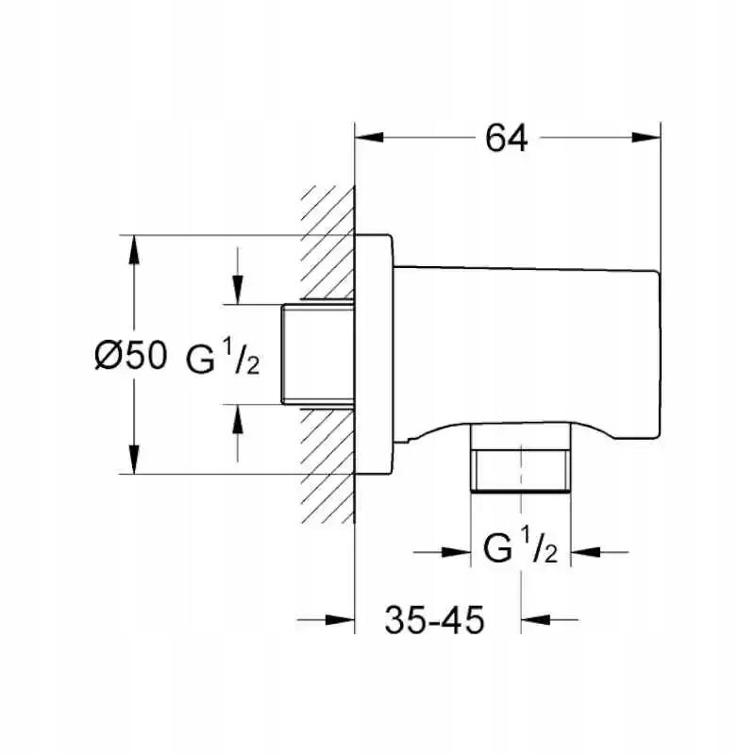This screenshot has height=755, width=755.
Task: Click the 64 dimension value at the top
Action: [506, 139]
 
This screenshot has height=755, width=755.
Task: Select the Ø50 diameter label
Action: [130, 356]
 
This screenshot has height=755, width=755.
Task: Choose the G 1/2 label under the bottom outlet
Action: [521, 548]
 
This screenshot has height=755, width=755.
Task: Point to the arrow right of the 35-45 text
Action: [536, 620]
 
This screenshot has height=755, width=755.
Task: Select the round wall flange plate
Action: [374, 355]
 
